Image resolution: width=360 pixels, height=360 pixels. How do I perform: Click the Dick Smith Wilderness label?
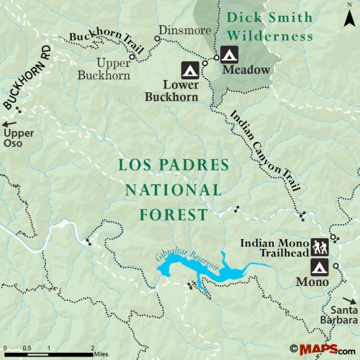click(x=269, y=26)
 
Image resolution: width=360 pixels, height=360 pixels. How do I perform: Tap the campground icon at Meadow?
click(x=229, y=54)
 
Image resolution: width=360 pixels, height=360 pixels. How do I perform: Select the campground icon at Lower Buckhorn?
click(x=189, y=71)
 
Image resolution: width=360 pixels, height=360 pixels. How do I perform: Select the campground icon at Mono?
click(x=320, y=267)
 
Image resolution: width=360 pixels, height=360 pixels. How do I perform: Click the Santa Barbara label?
click(x=339, y=315)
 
